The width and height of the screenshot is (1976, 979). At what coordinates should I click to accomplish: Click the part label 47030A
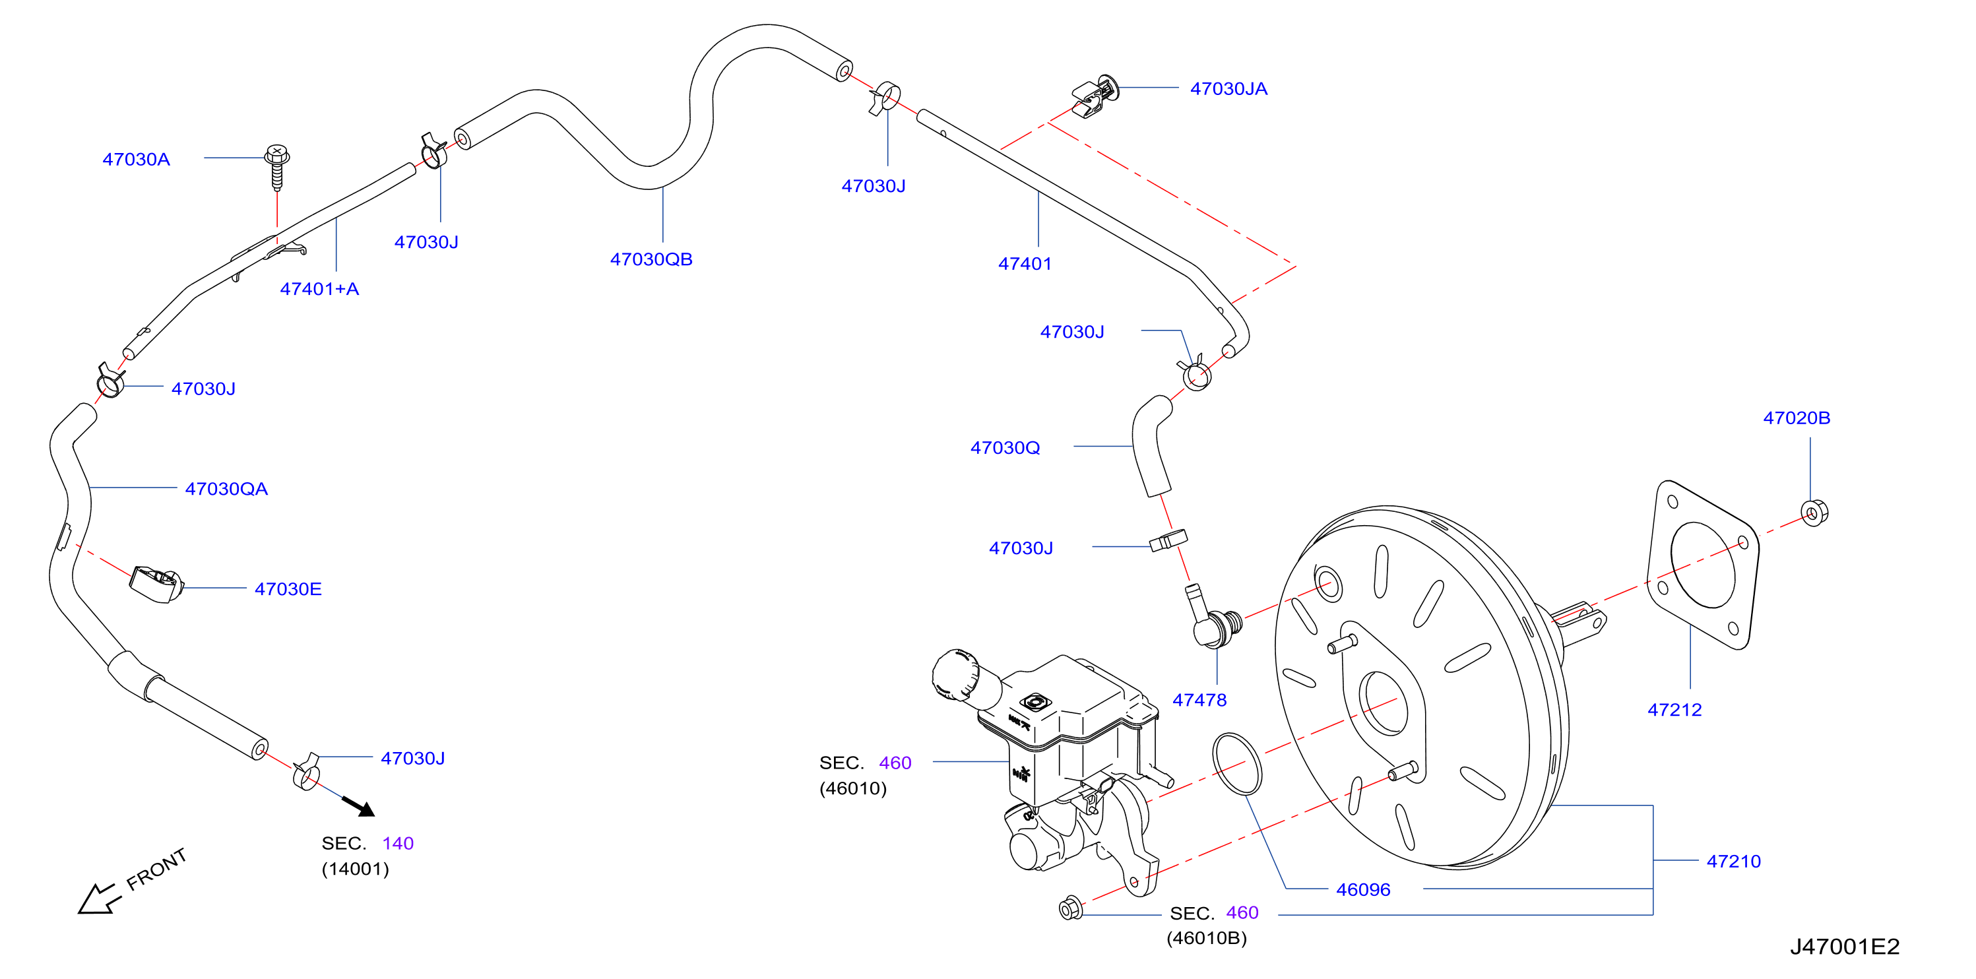pyautogui.click(x=137, y=159)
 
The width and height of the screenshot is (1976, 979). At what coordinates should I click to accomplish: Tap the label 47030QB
pyautogui.click(x=651, y=259)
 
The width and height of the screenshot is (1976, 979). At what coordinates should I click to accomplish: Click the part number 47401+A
pyautogui.click(x=319, y=289)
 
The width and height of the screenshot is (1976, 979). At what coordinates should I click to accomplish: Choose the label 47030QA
pyautogui.click(x=226, y=489)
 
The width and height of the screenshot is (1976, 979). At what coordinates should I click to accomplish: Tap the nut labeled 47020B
pyautogui.click(x=1814, y=512)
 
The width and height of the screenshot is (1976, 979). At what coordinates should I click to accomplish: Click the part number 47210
pyautogui.click(x=1734, y=862)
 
